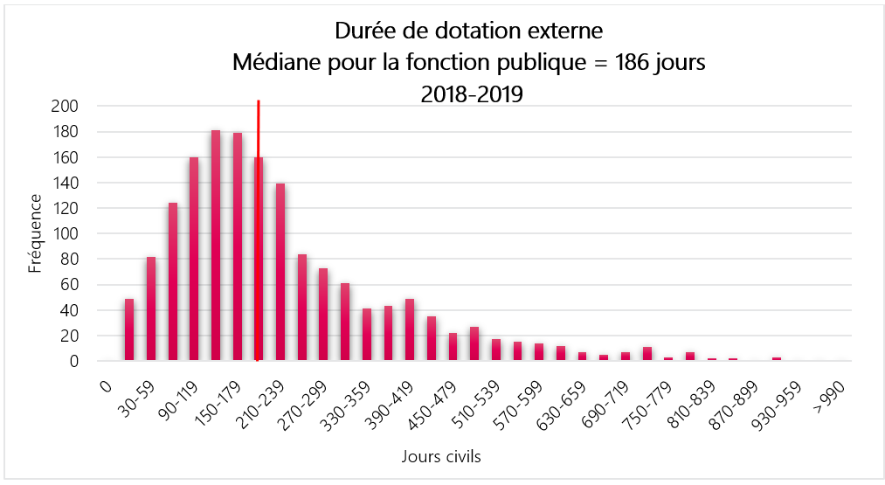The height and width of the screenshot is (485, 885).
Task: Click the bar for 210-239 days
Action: tap(280, 272)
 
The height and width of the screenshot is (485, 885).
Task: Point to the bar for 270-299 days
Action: tap(323, 314)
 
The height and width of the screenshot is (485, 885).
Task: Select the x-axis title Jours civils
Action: tap(441, 456)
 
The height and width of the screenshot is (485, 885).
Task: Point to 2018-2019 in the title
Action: tap(472, 94)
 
